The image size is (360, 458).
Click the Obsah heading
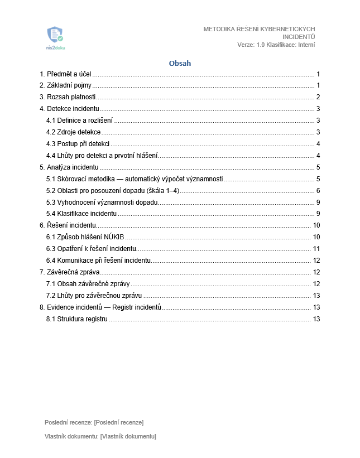[180, 63]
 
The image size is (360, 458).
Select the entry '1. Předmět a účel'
[65, 74]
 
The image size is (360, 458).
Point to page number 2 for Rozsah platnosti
[318, 97]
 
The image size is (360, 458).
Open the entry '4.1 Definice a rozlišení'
[79, 120]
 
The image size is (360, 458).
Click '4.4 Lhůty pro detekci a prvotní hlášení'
[102, 155]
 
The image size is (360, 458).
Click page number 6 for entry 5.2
[318, 190]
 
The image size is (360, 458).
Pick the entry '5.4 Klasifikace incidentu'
[81, 214]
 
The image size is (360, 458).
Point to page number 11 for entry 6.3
[316, 249]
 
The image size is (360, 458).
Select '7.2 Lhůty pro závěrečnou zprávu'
[94, 296]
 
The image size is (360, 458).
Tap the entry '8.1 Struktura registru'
[77, 319]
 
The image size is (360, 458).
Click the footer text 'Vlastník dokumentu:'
[71, 436]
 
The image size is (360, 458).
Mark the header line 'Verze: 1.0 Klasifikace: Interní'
[276, 45]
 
